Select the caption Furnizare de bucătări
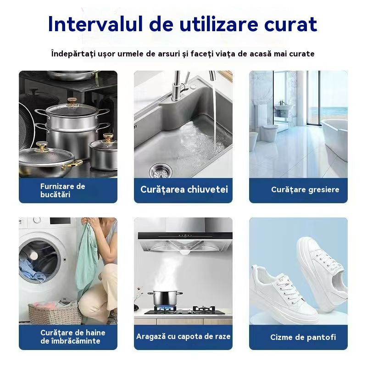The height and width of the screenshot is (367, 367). (x=62, y=190)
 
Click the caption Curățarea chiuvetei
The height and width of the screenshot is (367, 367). (x=184, y=189)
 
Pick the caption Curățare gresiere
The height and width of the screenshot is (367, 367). (x=305, y=189)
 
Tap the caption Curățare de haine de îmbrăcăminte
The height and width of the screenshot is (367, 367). (x=72, y=337)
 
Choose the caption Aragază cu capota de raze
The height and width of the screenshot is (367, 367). (x=183, y=336)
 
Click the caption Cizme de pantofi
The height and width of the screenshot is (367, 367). (x=303, y=337)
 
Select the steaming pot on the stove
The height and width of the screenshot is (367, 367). (x=164, y=300)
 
